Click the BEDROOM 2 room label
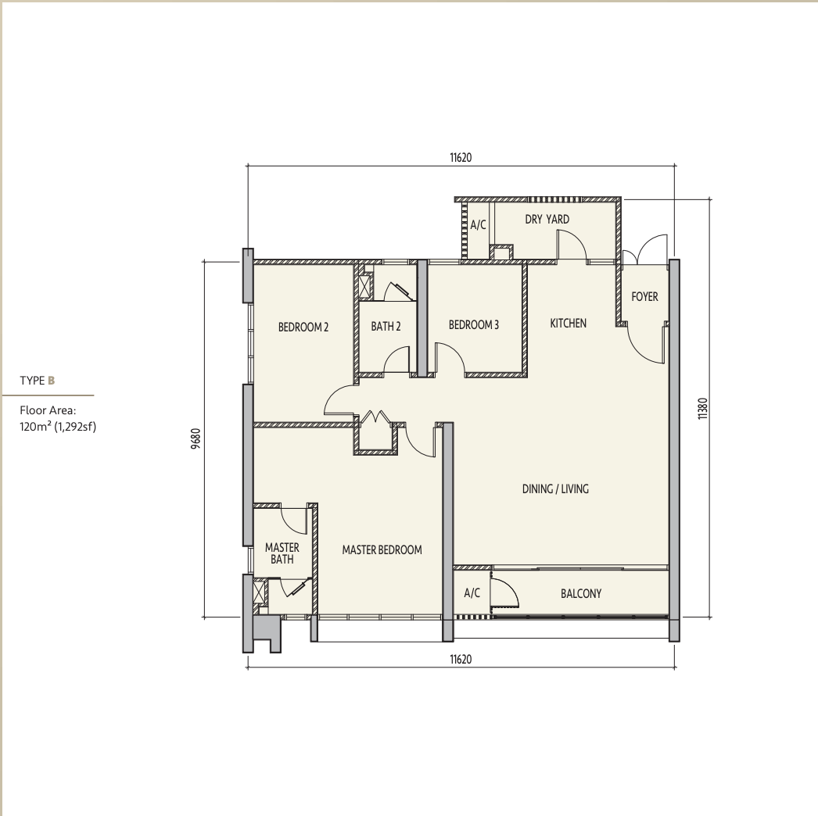click(x=303, y=327)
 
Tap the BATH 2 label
click(x=386, y=327)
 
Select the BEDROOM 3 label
click(x=473, y=325)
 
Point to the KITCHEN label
click(x=568, y=324)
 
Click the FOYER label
click(x=644, y=297)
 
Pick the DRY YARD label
click(x=547, y=220)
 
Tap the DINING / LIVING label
click(x=555, y=489)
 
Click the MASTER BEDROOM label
click(x=382, y=549)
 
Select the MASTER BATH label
click(x=282, y=553)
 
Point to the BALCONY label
click(x=580, y=593)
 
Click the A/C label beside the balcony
click(x=472, y=592)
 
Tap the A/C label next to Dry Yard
click(x=478, y=225)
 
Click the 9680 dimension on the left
click(x=196, y=438)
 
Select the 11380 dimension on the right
click(x=703, y=409)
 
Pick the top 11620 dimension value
click(x=461, y=157)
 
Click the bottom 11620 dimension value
click(x=461, y=660)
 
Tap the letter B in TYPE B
click(x=51, y=381)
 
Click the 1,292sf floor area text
click(x=75, y=427)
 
